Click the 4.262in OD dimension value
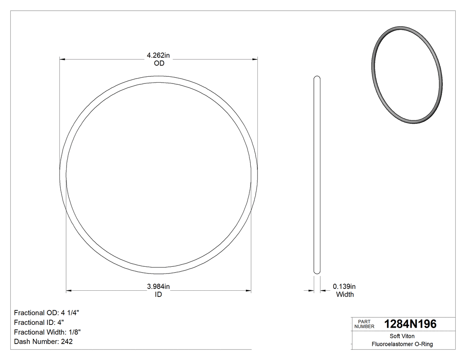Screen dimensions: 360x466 click(158, 55)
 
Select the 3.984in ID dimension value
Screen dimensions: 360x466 click(158, 287)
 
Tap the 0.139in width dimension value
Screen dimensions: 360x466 click(344, 287)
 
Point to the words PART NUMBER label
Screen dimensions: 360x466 click(364, 324)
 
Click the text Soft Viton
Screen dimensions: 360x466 click(402, 336)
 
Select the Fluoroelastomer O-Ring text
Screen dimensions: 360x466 click(402, 344)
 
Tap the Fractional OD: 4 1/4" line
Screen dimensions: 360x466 click(47, 313)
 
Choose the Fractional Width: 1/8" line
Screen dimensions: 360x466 click(47, 332)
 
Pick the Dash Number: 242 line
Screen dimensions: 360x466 click(43, 342)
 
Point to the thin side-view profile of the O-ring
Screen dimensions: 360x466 click(317, 175)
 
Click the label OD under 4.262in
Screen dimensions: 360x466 click(158, 63)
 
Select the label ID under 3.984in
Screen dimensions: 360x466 click(158, 295)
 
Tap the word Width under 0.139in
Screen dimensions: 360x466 click(345, 295)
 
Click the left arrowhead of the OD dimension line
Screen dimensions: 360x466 click(62, 59)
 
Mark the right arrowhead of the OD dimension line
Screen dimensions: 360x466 click(255, 59)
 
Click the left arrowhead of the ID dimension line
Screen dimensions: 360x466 click(69, 291)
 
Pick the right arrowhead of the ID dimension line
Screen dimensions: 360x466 click(249, 291)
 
